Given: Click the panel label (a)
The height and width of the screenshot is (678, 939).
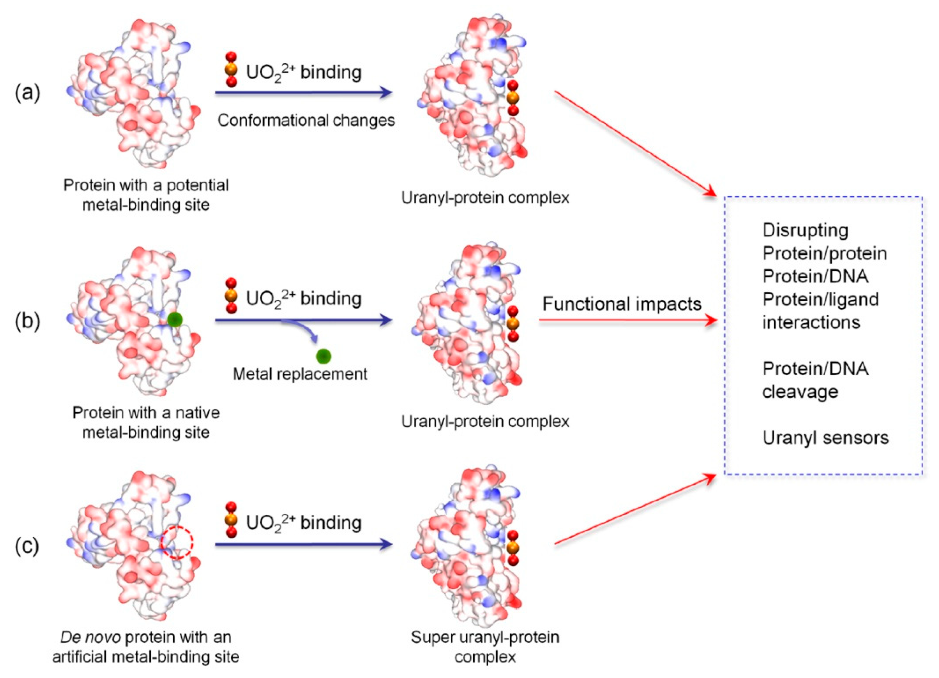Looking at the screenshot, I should (27, 93).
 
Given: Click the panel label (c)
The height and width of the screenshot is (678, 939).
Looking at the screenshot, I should (27, 546).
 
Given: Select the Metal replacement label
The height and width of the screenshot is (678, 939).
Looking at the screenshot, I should (300, 374).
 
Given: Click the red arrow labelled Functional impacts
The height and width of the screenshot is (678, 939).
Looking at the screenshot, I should (627, 320).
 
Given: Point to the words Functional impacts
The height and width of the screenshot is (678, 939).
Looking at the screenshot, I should (622, 304).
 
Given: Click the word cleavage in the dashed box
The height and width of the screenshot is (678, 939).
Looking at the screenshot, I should (800, 392).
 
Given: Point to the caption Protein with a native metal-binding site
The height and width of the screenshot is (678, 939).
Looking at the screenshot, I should (146, 422).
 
